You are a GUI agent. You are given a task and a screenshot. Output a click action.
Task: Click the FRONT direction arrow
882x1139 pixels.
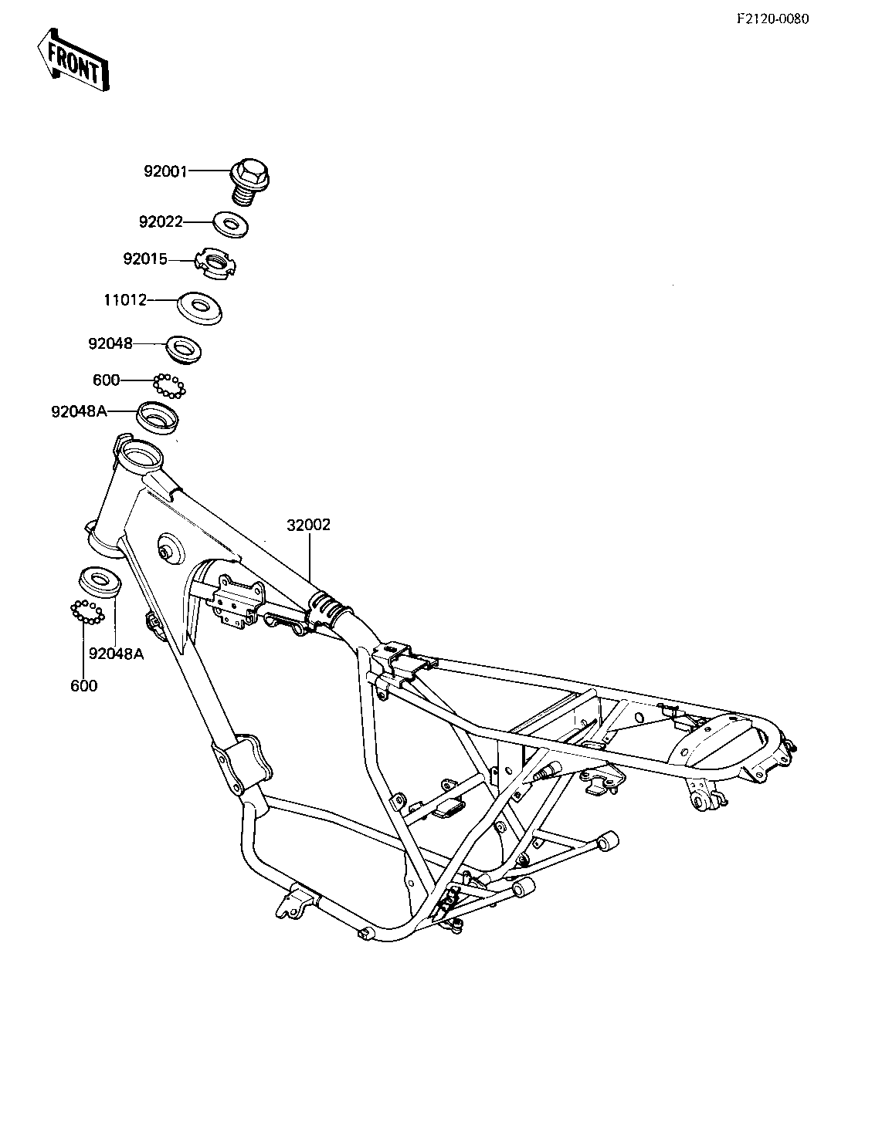(73, 60)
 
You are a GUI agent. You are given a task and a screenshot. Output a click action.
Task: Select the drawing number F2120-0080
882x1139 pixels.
(773, 19)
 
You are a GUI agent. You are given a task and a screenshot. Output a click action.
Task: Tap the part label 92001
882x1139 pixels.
(166, 171)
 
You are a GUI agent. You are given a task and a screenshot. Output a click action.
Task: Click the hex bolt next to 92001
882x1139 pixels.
(251, 181)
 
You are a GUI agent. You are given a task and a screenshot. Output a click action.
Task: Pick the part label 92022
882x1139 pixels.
(161, 221)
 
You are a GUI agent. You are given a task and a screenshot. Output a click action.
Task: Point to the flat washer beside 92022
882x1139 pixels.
(231, 225)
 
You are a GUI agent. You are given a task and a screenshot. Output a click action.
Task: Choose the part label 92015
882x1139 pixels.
(145, 259)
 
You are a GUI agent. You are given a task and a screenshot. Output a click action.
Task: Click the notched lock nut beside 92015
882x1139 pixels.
(215, 264)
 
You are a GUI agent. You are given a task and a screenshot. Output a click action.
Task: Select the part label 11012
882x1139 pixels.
(125, 300)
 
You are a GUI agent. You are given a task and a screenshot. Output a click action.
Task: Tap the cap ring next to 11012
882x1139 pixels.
(200, 308)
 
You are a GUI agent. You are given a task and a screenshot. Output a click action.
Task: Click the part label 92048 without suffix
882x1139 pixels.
(110, 343)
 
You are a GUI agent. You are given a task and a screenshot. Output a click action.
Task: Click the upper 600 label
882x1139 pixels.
(106, 380)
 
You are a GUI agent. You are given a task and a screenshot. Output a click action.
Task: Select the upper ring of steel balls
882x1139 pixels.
(169, 387)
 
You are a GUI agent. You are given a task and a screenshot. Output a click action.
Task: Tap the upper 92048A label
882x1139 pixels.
(80, 412)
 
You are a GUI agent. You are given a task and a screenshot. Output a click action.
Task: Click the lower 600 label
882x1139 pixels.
(84, 685)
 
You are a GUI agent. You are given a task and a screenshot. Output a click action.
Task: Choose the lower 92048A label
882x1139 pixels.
(117, 654)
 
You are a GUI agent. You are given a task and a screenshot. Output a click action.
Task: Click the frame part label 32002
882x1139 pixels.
(308, 525)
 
